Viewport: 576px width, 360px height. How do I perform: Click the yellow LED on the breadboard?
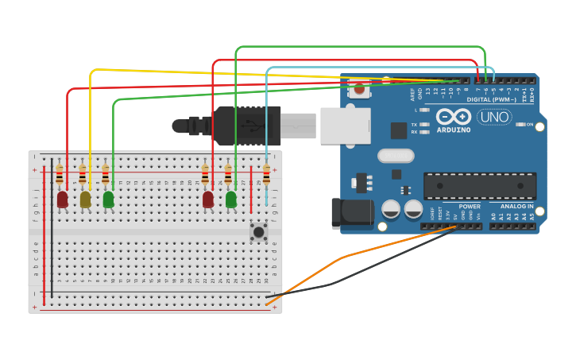85,199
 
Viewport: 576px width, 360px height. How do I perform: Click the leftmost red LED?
62,199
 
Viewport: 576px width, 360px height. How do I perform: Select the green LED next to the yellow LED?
108,199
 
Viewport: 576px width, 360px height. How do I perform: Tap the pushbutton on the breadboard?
258,232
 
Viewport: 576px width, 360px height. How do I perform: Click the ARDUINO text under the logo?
453,130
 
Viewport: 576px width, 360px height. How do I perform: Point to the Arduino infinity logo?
453,115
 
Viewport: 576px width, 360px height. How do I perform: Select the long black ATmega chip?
479,186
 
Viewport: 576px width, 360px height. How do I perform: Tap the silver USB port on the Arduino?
345,126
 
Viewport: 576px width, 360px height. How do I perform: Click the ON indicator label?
530,125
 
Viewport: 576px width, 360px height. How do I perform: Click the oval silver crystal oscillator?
396,156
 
